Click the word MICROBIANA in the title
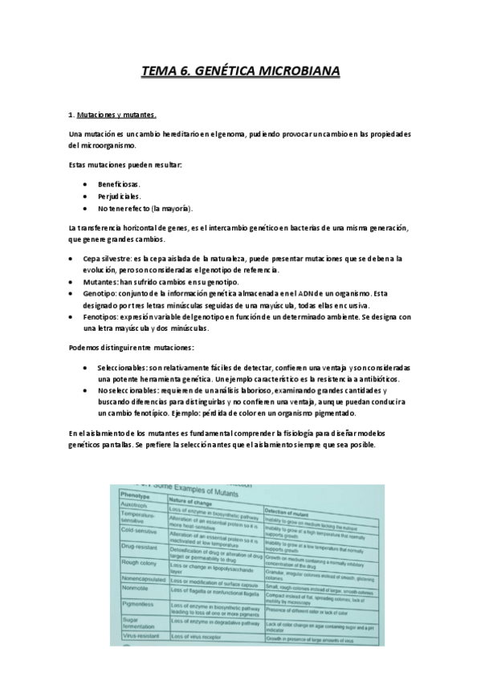[299, 72]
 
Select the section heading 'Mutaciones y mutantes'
[116, 115]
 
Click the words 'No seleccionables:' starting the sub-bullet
[131, 390]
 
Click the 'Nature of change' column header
[195, 500]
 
